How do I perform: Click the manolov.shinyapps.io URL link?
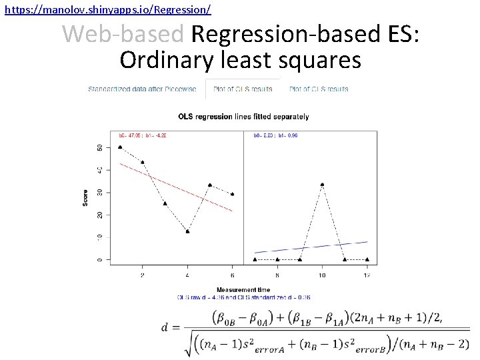tap(107, 9)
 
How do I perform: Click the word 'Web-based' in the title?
tap(125, 33)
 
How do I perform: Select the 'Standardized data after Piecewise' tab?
tap(143, 89)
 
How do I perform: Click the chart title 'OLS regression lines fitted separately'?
tap(243, 117)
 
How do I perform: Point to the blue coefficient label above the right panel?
tap(275, 135)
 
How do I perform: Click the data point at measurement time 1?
tap(119, 147)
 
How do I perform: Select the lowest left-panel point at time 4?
tap(187, 231)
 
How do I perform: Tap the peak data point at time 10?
tap(323, 185)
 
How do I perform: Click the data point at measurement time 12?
tap(367, 259)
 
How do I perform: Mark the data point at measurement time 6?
tap(232, 194)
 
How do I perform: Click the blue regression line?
tap(311, 247)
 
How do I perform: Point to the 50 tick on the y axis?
tap(100, 147)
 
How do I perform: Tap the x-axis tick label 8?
tap(277, 274)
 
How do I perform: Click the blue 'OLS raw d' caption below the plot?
tap(243, 297)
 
